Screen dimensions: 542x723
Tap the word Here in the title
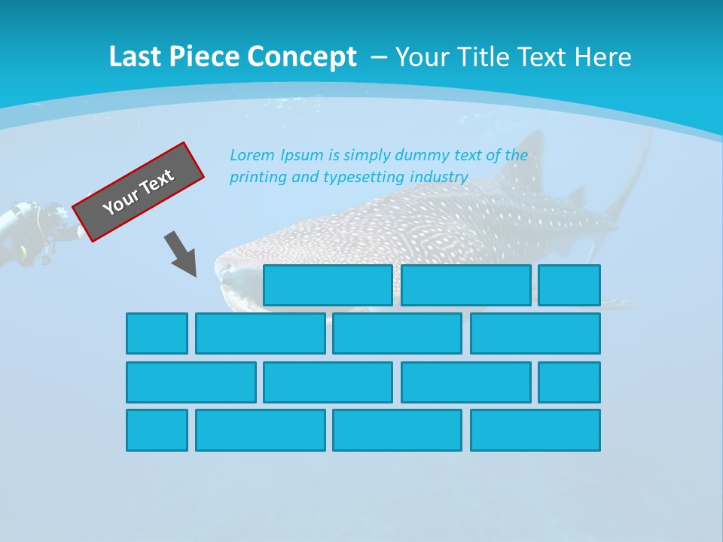tap(602, 57)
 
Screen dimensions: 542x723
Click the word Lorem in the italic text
tap(253, 156)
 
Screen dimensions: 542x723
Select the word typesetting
tap(364, 178)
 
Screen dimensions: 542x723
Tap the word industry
tap(440, 178)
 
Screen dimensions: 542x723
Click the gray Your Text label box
tap(139, 192)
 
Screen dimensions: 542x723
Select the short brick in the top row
tap(569, 285)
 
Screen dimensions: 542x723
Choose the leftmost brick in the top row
tap(328, 285)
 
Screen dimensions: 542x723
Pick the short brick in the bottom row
tap(157, 430)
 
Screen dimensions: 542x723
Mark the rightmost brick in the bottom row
tap(535, 430)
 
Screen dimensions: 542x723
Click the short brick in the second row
tap(157, 333)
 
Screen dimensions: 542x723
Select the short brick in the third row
tap(569, 382)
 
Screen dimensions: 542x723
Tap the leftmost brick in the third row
tap(191, 382)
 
